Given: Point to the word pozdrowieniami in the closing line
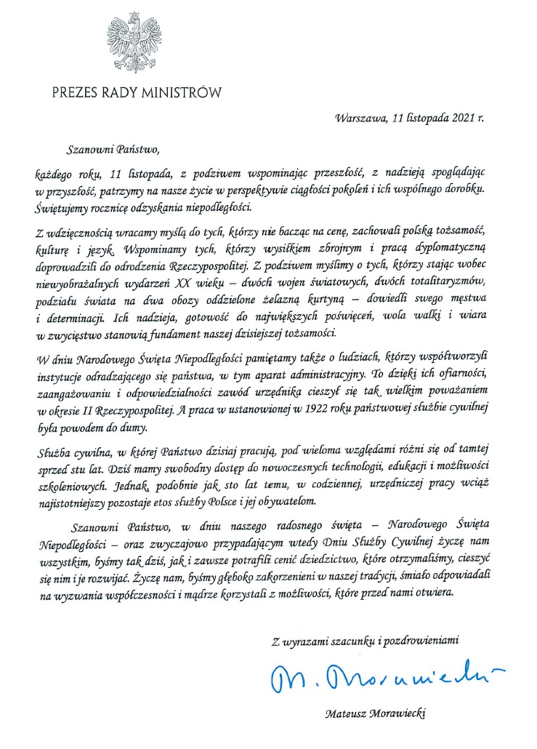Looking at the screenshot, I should [424, 640].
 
